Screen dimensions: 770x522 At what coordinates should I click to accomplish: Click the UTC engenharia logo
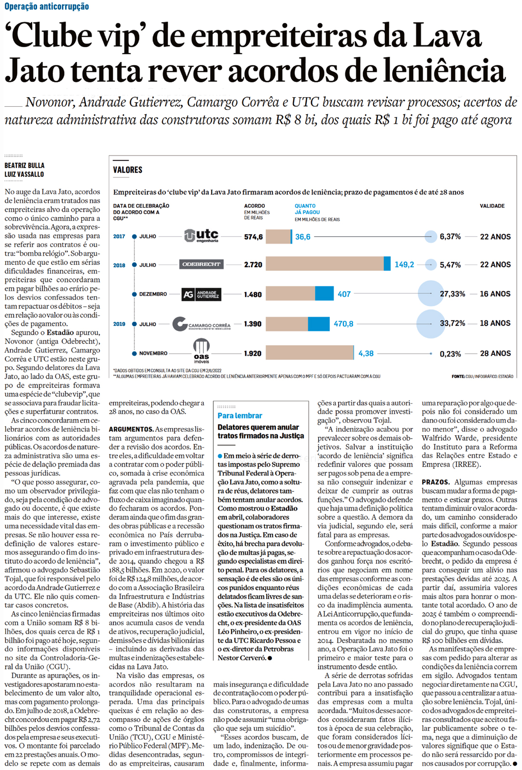[x=201, y=236]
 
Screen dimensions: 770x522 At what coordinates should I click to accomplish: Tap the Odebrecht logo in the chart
[x=201, y=264]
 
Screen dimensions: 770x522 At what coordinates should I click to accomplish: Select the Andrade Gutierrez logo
[x=201, y=294]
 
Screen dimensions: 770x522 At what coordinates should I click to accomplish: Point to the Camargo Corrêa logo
[x=201, y=324]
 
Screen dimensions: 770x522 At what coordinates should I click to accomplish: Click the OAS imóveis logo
[x=201, y=351]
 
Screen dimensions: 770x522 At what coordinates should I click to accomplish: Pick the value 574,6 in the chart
[x=253, y=237]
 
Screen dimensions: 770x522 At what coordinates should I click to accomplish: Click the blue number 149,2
[x=404, y=265]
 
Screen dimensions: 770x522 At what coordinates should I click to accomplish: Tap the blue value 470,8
[x=343, y=324]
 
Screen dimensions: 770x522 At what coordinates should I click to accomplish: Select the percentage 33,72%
[x=452, y=323]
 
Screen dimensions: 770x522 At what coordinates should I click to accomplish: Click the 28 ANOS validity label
[x=495, y=353]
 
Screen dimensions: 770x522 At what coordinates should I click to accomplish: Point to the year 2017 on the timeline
[x=119, y=236]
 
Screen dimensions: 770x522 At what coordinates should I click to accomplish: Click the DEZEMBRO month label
[x=153, y=294]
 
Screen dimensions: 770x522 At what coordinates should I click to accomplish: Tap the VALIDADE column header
[x=492, y=206]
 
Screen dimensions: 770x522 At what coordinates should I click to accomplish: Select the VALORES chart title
[x=128, y=170]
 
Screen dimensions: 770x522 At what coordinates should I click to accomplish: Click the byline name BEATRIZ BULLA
[x=24, y=166]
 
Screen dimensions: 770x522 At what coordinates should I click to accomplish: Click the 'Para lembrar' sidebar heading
[x=240, y=416]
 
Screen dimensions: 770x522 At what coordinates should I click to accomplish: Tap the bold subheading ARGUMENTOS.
[x=131, y=430]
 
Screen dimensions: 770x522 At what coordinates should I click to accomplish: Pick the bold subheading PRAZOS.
[x=435, y=482]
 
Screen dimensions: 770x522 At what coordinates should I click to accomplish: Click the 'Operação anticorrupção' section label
[x=47, y=6]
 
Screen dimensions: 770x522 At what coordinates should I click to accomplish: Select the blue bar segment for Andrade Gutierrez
[x=324, y=294]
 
